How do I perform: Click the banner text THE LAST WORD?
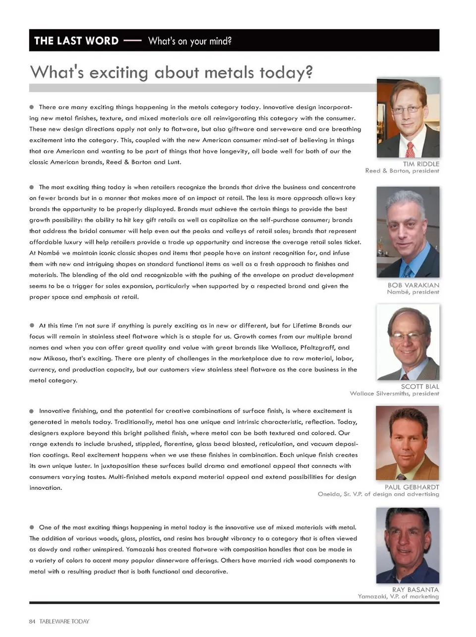[76, 41]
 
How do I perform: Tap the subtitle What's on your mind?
[189, 41]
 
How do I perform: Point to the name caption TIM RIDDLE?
[420, 164]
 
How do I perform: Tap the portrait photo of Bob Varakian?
[408, 232]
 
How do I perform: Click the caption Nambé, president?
[413, 292]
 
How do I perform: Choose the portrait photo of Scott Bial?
[408, 342]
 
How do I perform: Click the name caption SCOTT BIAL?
[419, 386]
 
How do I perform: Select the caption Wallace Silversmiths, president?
[394, 394]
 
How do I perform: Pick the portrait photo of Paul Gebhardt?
[407, 443]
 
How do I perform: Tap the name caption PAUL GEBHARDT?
[412, 487]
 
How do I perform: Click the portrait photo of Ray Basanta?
[407, 545]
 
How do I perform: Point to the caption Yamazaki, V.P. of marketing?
[398, 596]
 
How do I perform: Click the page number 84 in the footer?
[32, 621]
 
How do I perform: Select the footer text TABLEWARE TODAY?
[64, 621]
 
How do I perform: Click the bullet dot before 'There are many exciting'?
[32, 107]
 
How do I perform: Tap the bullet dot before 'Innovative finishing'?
[32, 411]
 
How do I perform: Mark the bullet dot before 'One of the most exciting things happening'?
[32, 527]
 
